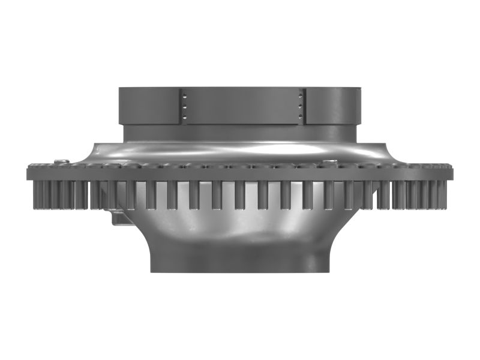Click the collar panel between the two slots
click(x=242, y=106)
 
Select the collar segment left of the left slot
click(x=150, y=106)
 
